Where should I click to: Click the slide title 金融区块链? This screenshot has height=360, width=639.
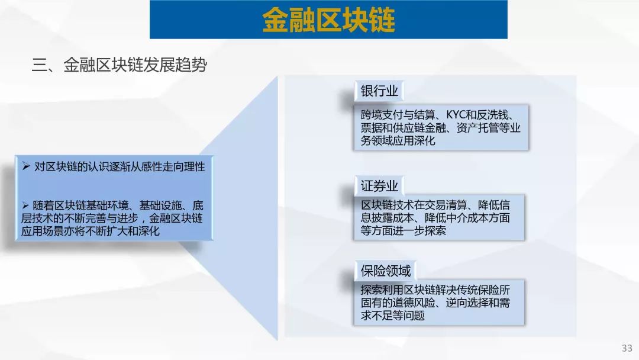click(328, 20)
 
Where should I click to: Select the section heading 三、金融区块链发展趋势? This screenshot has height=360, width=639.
click(120, 65)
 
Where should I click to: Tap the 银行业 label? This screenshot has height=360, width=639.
click(379, 91)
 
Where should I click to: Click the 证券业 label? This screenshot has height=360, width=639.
click(379, 186)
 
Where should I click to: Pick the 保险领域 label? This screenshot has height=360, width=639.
click(386, 271)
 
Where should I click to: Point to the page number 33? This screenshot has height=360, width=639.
click(627, 348)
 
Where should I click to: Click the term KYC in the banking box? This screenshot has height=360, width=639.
click(456, 115)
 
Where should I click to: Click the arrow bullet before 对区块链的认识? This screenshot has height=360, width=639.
click(26, 166)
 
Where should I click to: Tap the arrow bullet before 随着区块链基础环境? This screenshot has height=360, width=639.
click(25, 205)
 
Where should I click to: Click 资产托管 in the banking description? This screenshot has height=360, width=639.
click(477, 128)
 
